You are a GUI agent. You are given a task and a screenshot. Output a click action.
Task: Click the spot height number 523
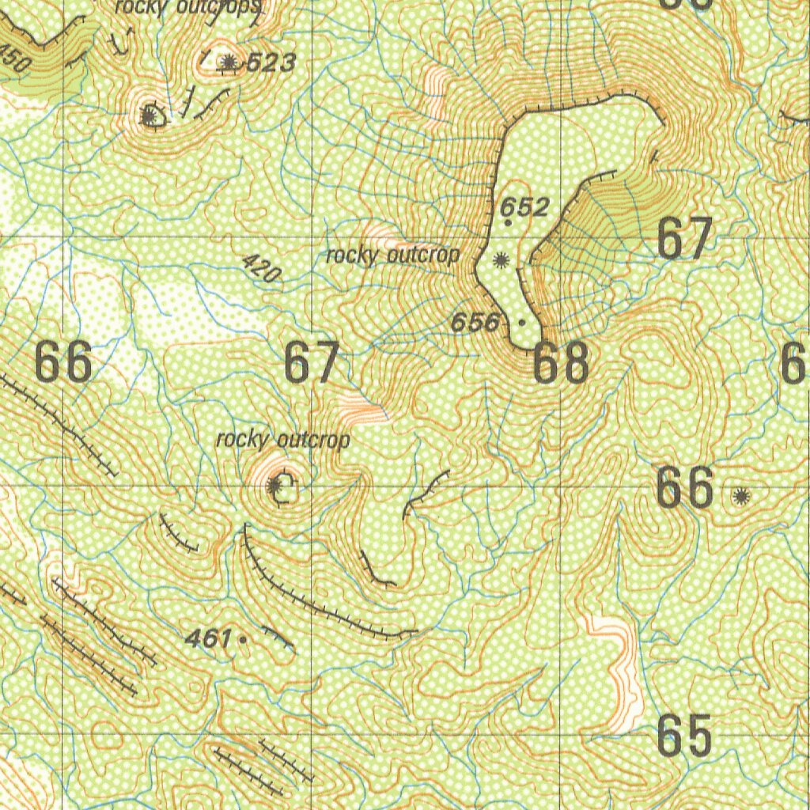click(271, 62)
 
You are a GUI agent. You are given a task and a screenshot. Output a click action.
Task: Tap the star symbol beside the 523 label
click(229, 62)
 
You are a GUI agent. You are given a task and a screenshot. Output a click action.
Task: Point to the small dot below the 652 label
click(508, 224)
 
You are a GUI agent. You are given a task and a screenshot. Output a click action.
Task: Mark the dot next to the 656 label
click(522, 323)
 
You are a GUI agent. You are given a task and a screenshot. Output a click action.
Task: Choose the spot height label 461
click(207, 638)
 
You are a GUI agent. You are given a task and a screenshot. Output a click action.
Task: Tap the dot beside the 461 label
click(242, 638)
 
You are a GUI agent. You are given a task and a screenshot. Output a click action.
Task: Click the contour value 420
click(261, 269)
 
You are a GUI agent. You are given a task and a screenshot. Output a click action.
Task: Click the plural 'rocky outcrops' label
click(187, 7)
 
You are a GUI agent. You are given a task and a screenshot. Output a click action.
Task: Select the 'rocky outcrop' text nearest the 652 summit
click(392, 255)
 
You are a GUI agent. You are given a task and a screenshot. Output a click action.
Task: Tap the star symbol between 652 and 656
click(500, 259)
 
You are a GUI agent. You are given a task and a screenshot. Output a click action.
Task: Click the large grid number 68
click(561, 363)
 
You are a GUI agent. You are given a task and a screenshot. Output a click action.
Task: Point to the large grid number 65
click(685, 737)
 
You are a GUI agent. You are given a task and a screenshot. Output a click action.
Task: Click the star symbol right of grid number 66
click(740, 496)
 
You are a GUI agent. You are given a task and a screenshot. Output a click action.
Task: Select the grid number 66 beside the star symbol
click(685, 489)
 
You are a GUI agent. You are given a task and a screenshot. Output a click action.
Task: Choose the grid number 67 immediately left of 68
click(312, 363)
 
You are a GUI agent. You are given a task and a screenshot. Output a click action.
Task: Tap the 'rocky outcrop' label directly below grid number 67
click(282, 440)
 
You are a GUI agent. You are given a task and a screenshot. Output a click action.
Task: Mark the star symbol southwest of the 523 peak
click(148, 117)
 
